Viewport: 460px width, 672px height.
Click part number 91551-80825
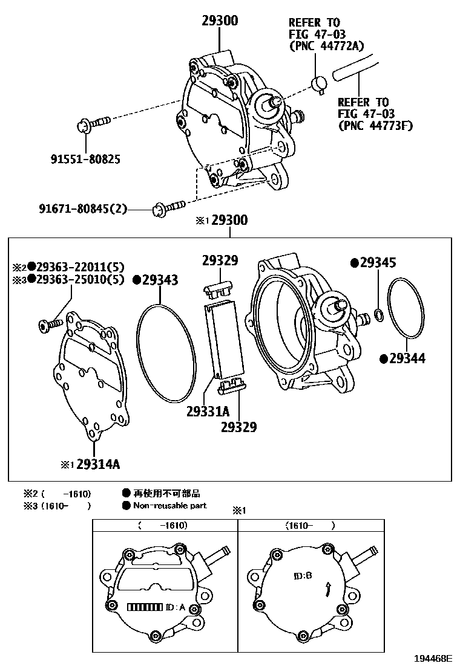click(85, 160)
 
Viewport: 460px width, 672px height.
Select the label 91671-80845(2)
click(84, 209)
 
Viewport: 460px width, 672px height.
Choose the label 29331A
click(208, 412)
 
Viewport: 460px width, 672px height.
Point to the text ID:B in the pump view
click(303, 575)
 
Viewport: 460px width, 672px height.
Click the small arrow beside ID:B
click(327, 588)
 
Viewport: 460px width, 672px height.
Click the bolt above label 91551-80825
click(91, 126)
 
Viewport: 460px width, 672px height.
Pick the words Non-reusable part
click(169, 505)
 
